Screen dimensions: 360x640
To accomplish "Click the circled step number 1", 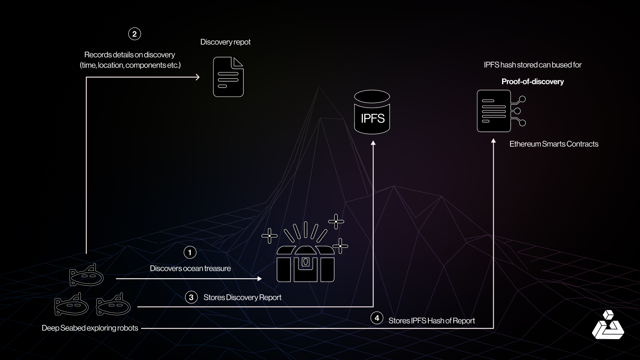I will pyautogui.click(x=190, y=252).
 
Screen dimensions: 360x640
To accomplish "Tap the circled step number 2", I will pyautogui.click(x=134, y=34).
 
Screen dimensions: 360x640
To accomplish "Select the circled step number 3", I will pyautogui.click(x=191, y=297).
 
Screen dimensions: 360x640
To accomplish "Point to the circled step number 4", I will pyautogui.click(x=377, y=318).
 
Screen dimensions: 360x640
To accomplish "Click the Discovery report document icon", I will pyautogui.click(x=228, y=77).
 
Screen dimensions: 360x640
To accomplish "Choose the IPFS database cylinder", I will pyautogui.click(x=372, y=112).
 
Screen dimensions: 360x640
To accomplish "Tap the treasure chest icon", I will pyautogui.click(x=305, y=262).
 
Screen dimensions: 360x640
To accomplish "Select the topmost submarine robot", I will pyautogui.click(x=86, y=275).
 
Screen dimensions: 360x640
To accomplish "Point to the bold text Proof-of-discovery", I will pyautogui.click(x=532, y=82).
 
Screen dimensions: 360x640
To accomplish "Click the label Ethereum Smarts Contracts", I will pyautogui.click(x=554, y=144).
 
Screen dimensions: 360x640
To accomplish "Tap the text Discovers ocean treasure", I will pyautogui.click(x=190, y=269).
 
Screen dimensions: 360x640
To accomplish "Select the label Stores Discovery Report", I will pyautogui.click(x=242, y=297).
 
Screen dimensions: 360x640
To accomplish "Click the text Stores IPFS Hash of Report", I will pyautogui.click(x=431, y=321).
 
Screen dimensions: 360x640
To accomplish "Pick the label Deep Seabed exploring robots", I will pyautogui.click(x=90, y=328).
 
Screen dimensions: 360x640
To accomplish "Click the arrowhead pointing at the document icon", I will pyautogui.click(x=197, y=77).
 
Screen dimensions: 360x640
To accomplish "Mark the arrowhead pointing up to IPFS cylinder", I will pyautogui.click(x=373, y=143).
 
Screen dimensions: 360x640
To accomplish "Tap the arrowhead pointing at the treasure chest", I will pyautogui.click(x=260, y=278).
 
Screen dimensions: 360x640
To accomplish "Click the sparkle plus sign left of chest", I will pyautogui.click(x=269, y=236).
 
